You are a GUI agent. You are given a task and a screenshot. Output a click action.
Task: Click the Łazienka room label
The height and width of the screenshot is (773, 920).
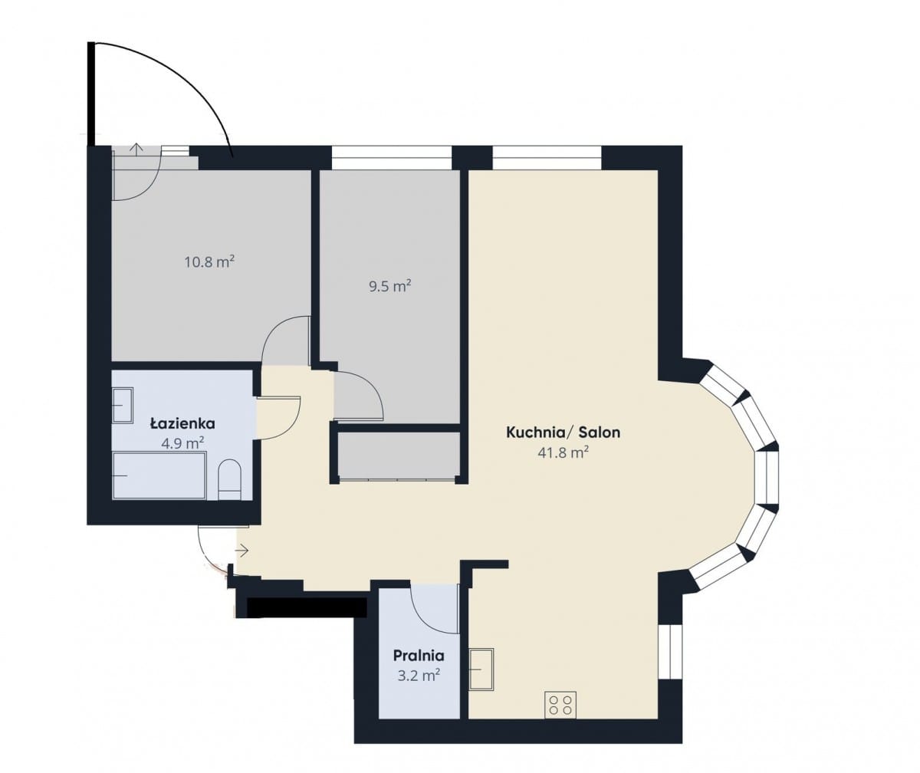tap(182, 424)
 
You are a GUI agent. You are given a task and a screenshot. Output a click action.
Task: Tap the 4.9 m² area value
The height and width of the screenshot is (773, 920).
tap(182, 443)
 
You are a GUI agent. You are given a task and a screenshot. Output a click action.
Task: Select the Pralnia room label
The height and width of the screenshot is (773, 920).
tap(419, 656)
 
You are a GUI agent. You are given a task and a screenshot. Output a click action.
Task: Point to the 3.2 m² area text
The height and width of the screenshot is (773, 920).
tap(419, 675)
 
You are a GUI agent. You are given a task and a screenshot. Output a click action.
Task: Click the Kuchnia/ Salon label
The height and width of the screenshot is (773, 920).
tap(563, 433)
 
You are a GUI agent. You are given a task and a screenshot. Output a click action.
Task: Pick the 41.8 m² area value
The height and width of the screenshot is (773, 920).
tap(563, 452)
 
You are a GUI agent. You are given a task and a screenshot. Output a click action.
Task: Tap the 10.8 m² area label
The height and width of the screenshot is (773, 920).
tap(209, 262)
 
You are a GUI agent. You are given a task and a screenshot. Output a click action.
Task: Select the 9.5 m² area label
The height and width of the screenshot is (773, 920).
tap(390, 287)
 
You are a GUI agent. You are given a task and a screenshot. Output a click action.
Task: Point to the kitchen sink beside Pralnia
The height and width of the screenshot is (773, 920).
tap(481, 669)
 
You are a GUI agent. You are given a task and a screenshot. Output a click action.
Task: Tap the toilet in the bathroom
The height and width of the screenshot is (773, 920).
tap(229, 479)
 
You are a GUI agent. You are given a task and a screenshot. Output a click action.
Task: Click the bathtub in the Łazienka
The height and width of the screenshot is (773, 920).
tap(159, 475)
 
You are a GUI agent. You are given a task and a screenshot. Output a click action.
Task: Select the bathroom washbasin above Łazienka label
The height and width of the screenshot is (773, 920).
tap(123, 406)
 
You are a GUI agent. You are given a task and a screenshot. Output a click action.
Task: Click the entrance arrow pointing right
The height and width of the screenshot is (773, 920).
tap(242, 551)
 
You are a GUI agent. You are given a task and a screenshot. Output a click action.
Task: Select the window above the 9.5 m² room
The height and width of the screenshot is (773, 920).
tap(392, 157)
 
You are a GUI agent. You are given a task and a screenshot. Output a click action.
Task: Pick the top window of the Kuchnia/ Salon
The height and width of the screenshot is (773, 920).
tap(547, 157)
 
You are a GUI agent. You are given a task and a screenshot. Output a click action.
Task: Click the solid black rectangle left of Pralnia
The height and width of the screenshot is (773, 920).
tap(307, 607)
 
